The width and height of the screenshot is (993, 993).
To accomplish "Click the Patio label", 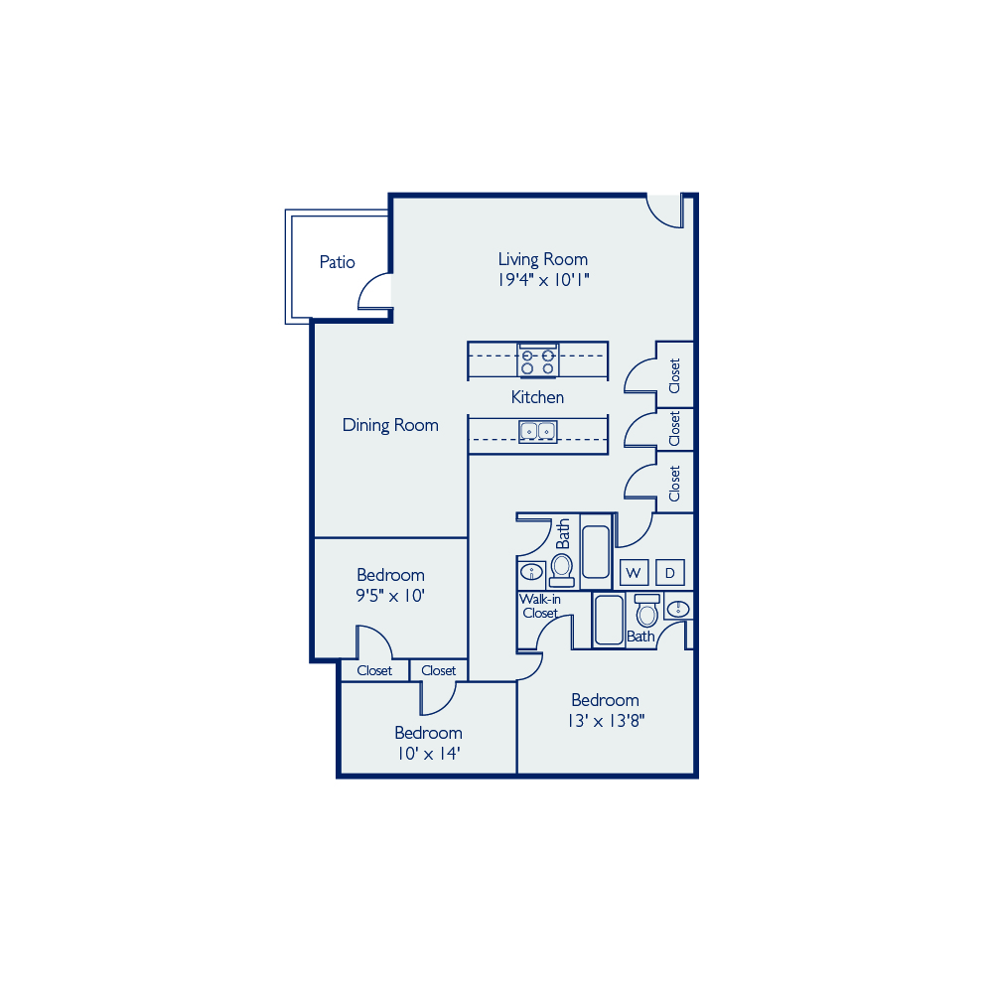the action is (x=337, y=262).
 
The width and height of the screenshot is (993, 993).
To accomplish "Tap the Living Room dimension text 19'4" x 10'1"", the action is (x=543, y=280).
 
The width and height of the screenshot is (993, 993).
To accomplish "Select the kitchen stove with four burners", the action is (x=537, y=361).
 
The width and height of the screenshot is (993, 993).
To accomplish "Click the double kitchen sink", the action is (x=537, y=431).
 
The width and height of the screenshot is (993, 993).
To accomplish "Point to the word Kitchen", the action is (x=537, y=397).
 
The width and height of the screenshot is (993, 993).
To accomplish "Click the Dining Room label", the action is (x=390, y=425).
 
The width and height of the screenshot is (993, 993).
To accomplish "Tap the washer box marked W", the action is (x=634, y=573).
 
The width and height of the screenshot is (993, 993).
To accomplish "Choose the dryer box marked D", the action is (x=670, y=573).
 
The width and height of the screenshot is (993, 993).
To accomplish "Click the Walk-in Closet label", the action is (x=539, y=606).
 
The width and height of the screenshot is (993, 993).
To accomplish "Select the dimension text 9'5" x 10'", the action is (x=390, y=596).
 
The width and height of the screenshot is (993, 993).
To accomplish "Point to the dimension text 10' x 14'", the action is (x=429, y=754).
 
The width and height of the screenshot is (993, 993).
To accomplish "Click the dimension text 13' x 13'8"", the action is (x=606, y=721).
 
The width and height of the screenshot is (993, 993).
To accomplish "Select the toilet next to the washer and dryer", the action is (x=646, y=611).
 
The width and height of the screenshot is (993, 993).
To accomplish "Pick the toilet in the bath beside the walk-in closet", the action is (x=562, y=570).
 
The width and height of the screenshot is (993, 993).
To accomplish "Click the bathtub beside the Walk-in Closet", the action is (x=609, y=620).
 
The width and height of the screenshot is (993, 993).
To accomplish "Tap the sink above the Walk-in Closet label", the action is (x=531, y=573).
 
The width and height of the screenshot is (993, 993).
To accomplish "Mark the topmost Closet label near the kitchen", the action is (x=674, y=375).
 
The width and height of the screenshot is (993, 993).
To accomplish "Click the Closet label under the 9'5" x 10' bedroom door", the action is (x=374, y=670).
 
